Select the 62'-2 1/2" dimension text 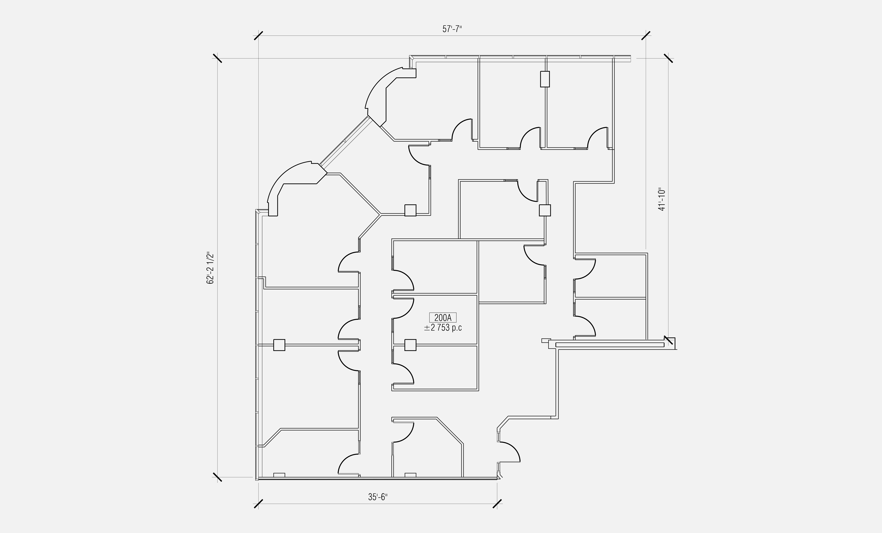click(x=210, y=269)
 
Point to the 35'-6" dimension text click(x=378, y=497)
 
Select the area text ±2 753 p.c click(x=443, y=328)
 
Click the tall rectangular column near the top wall click(x=545, y=79)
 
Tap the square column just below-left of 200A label click(x=410, y=345)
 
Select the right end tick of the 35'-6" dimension click(x=497, y=504)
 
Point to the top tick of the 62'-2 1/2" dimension click(x=217, y=58)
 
